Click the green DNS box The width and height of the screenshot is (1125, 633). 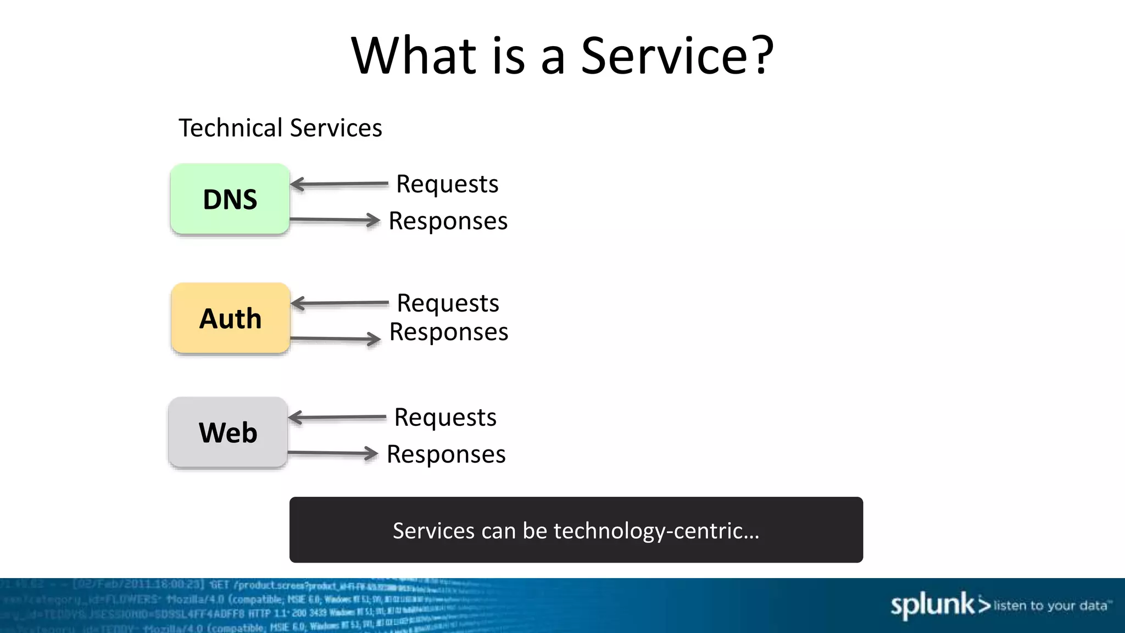(x=230, y=199)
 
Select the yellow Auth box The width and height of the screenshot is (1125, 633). (x=230, y=318)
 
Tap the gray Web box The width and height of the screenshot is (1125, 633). (x=228, y=432)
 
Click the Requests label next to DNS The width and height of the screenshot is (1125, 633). (x=447, y=184)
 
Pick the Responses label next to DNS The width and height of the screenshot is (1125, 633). (x=448, y=221)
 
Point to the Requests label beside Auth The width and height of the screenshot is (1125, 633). (x=448, y=303)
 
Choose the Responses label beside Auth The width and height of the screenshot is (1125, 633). (x=448, y=332)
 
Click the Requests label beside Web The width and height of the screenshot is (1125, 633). (x=445, y=418)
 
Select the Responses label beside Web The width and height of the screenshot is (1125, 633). (x=446, y=454)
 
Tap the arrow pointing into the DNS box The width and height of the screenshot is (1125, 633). (x=339, y=184)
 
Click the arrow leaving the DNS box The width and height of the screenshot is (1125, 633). (x=335, y=220)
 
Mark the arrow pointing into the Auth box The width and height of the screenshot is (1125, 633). (x=339, y=303)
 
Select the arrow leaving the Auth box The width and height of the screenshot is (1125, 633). (x=336, y=338)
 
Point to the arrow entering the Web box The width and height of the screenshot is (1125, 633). (x=337, y=418)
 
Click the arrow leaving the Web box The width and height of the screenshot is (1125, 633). (x=333, y=453)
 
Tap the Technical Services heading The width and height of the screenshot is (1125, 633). (x=280, y=128)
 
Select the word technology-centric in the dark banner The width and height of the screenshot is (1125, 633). (x=656, y=531)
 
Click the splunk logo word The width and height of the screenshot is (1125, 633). (x=933, y=606)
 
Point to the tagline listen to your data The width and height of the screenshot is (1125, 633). (x=1050, y=606)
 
